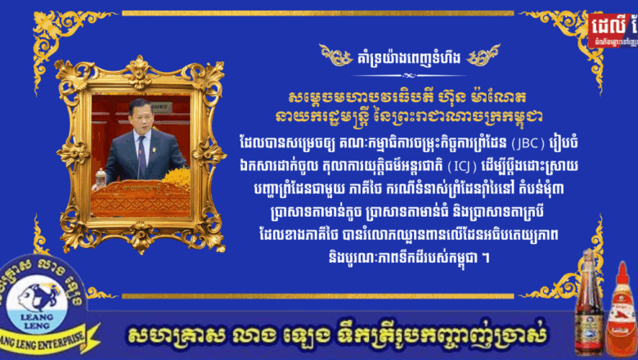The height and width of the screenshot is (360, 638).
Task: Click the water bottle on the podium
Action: point(101,178)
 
